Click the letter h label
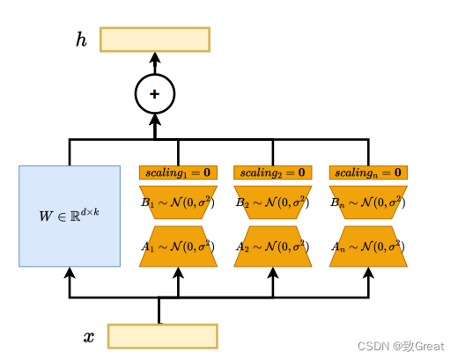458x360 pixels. coord(81,40)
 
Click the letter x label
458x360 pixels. coord(89,337)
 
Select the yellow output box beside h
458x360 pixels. coord(155,40)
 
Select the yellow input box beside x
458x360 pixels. coord(163,336)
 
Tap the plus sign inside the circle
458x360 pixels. coord(155,94)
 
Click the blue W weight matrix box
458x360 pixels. coord(70,217)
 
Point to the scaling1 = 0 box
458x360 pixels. coord(178,173)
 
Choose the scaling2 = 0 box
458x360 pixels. coord(273,173)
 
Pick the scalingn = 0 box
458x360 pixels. coord(368,173)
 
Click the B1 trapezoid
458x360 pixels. coord(178,202)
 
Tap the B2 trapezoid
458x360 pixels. coord(273,202)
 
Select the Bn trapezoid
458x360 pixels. coord(368,202)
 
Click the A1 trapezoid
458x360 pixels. coord(178,246)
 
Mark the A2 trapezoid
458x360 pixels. coord(273,246)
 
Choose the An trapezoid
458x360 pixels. coord(368,246)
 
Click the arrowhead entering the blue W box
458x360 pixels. coord(70,273)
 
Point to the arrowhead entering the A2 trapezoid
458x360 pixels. coord(273,273)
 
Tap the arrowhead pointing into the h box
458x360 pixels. coord(155,58)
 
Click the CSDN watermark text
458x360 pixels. coord(401,347)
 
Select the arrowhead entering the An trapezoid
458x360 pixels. coord(368,273)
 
